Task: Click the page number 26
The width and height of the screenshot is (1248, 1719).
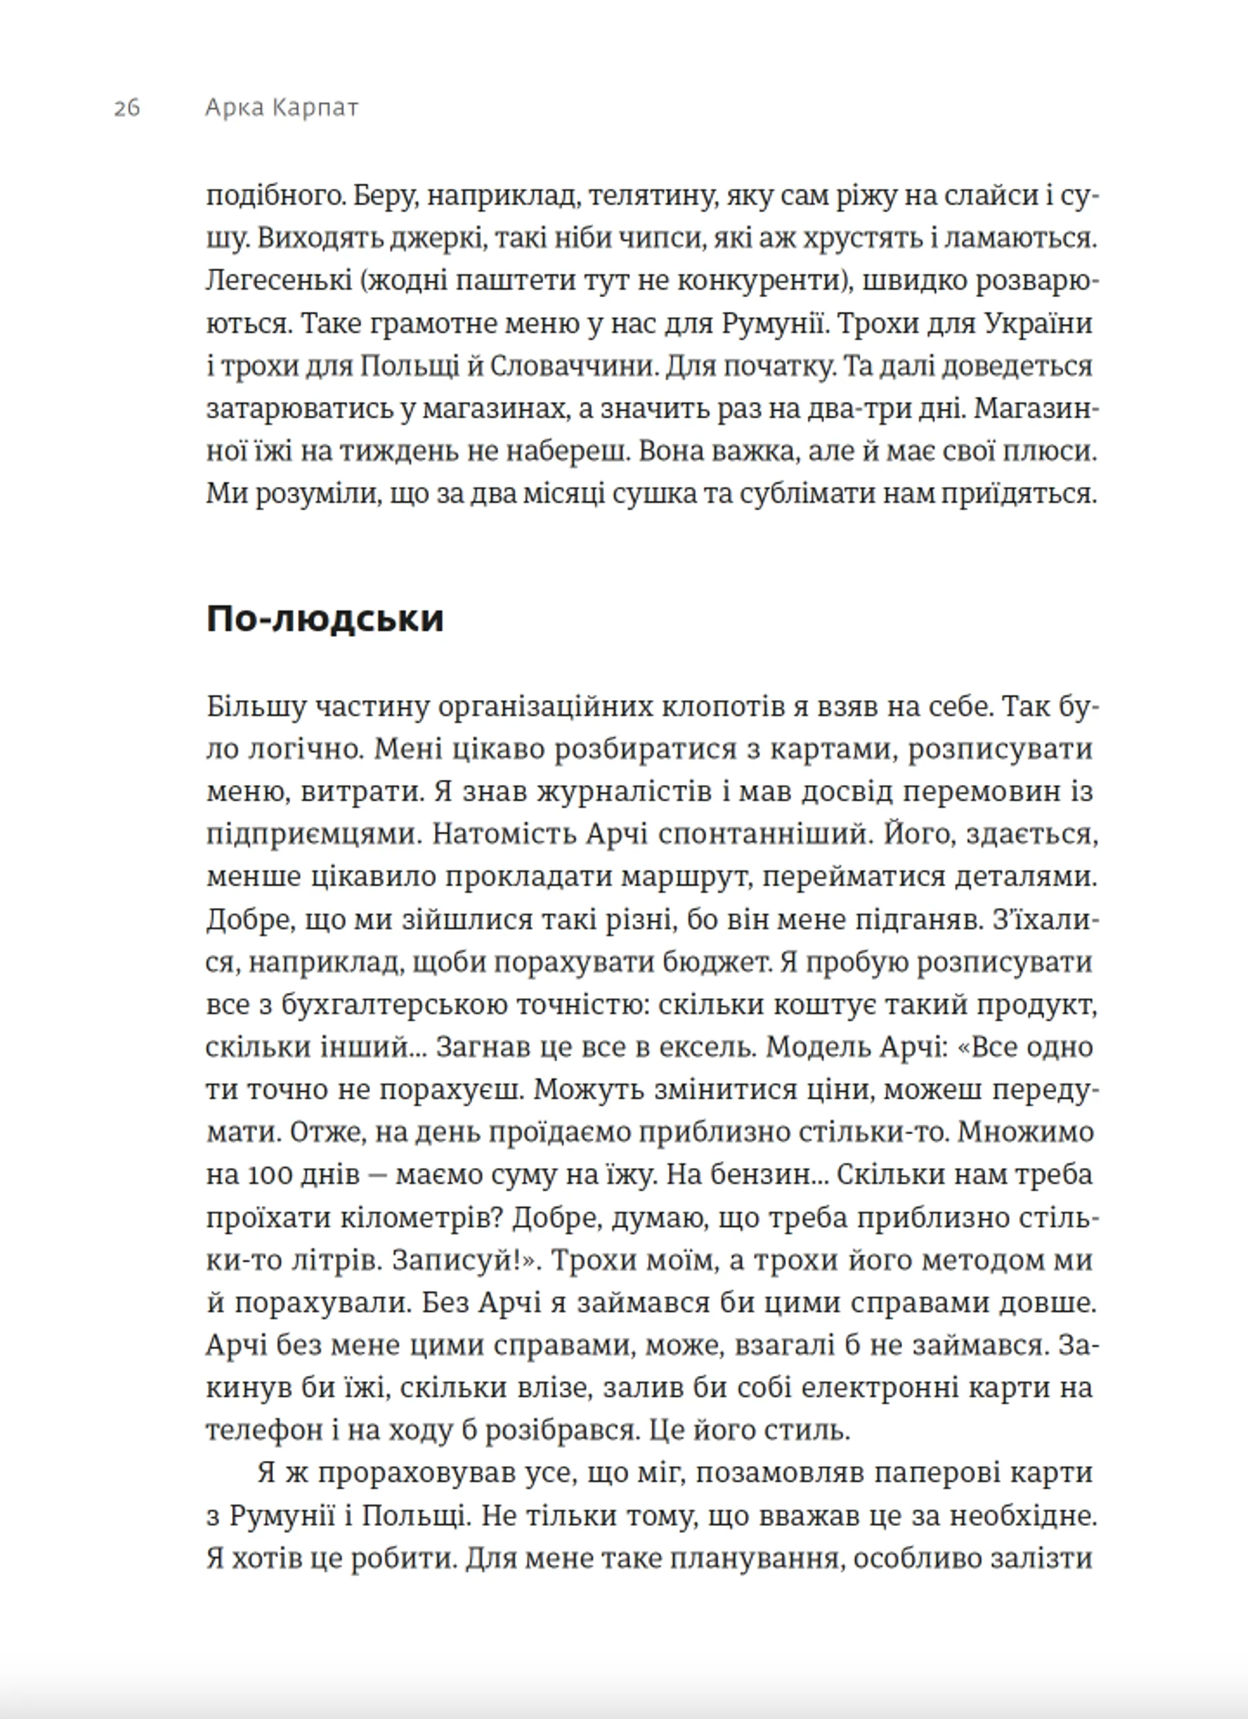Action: point(127,109)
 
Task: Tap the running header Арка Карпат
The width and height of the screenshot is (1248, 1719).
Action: point(281,109)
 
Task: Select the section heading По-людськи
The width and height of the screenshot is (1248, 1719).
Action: point(324,619)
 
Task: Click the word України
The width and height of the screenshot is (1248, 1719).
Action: point(1038,324)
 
